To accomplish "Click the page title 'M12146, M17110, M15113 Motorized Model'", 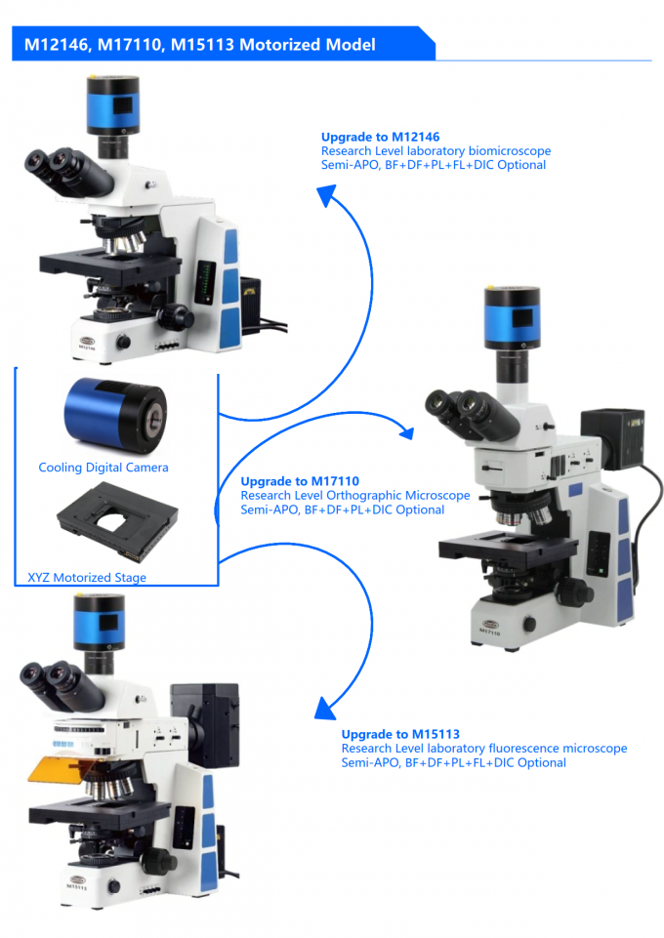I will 200,45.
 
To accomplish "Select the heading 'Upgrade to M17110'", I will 300,481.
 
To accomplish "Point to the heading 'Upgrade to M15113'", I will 400,734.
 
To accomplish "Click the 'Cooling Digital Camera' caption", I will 104,468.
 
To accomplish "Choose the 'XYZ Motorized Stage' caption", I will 88,578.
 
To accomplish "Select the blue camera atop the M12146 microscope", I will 115,103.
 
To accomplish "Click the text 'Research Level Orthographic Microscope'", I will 355,496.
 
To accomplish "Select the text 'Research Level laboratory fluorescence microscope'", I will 483,749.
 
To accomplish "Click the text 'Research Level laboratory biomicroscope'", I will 436,151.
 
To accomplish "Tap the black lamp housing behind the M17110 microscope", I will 611,436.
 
